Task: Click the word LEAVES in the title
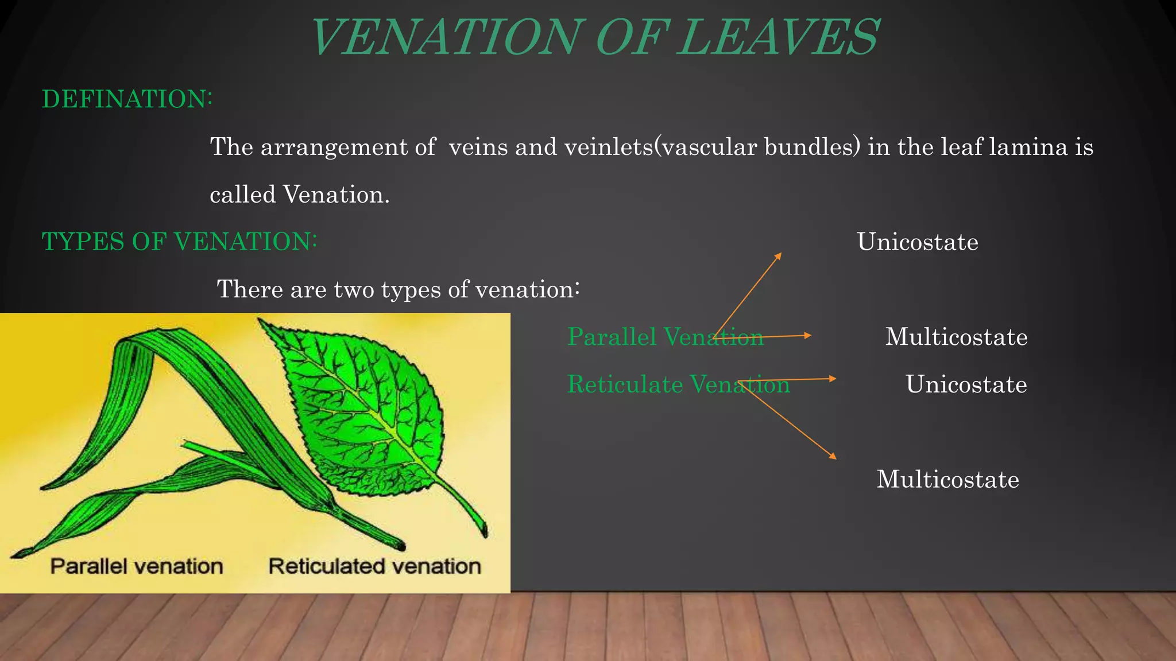[x=778, y=38]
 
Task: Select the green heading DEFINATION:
[x=127, y=99]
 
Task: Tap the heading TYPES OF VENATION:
[x=179, y=242]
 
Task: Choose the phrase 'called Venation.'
[x=300, y=195]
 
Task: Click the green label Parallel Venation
[x=665, y=337]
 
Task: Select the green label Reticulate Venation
[x=678, y=384]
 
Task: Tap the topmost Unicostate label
[x=917, y=242]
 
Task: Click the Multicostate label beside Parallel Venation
[x=956, y=337]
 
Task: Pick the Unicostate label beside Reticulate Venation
[x=966, y=384]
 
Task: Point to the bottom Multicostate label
[x=947, y=480]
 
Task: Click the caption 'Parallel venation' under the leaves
[x=137, y=567]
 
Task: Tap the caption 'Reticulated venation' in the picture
[x=374, y=567]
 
